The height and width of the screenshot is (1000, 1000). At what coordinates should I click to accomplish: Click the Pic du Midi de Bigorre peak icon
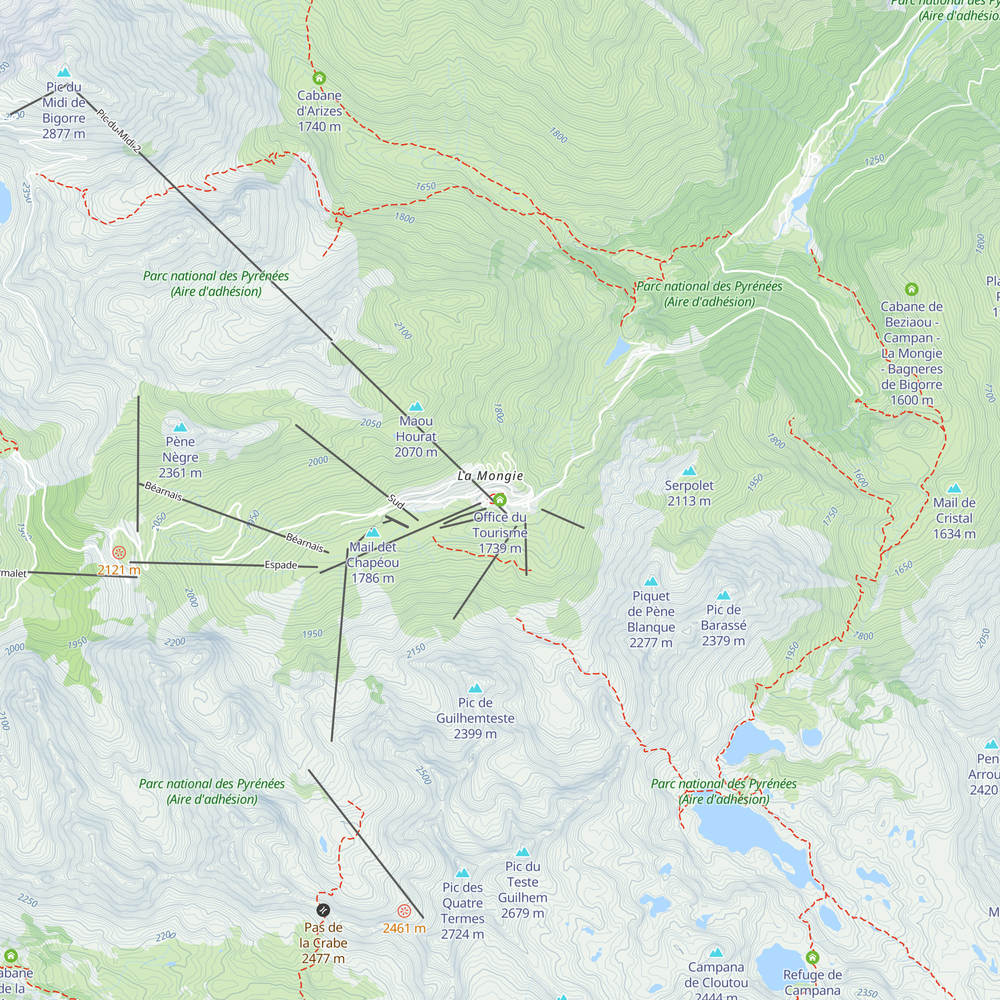pyautogui.click(x=63, y=72)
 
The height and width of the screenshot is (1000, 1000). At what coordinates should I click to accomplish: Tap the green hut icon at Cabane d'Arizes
pyautogui.click(x=319, y=78)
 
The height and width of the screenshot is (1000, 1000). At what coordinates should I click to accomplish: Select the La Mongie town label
pyautogui.click(x=490, y=475)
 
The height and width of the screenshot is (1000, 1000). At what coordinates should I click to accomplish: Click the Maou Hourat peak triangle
pyautogui.click(x=415, y=406)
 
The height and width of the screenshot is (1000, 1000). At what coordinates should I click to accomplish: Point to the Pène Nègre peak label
pyautogui.click(x=180, y=457)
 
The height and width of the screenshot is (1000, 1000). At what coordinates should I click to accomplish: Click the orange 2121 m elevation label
pyautogui.click(x=118, y=570)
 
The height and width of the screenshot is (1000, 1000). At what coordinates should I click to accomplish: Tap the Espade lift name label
pyautogui.click(x=281, y=564)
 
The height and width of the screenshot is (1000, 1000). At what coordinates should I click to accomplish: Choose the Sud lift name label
pyautogui.click(x=396, y=501)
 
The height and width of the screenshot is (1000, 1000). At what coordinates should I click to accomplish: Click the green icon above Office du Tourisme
pyautogui.click(x=499, y=500)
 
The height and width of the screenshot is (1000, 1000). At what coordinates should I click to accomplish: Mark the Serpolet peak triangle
pyautogui.click(x=689, y=471)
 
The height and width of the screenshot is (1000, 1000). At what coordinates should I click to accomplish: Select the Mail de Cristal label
pyautogui.click(x=954, y=517)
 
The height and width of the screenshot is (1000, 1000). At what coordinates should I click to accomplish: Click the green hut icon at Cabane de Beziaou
pyautogui.click(x=911, y=289)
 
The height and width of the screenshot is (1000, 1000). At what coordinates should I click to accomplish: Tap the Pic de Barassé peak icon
pyautogui.click(x=723, y=595)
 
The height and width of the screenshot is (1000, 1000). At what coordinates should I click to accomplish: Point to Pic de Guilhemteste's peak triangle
pyautogui.click(x=475, y=688)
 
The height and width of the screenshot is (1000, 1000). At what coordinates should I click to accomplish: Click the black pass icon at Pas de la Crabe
pyautogui.click(x=323, y=910)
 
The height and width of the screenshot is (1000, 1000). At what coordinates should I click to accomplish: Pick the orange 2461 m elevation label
pyautogui.click(x=403, y=928)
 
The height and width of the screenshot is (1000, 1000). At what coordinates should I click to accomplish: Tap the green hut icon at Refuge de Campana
pyautogui.click(x=812, y=957)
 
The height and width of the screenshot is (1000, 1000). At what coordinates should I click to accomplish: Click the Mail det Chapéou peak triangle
pyautogui.click(x=372, y=532)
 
